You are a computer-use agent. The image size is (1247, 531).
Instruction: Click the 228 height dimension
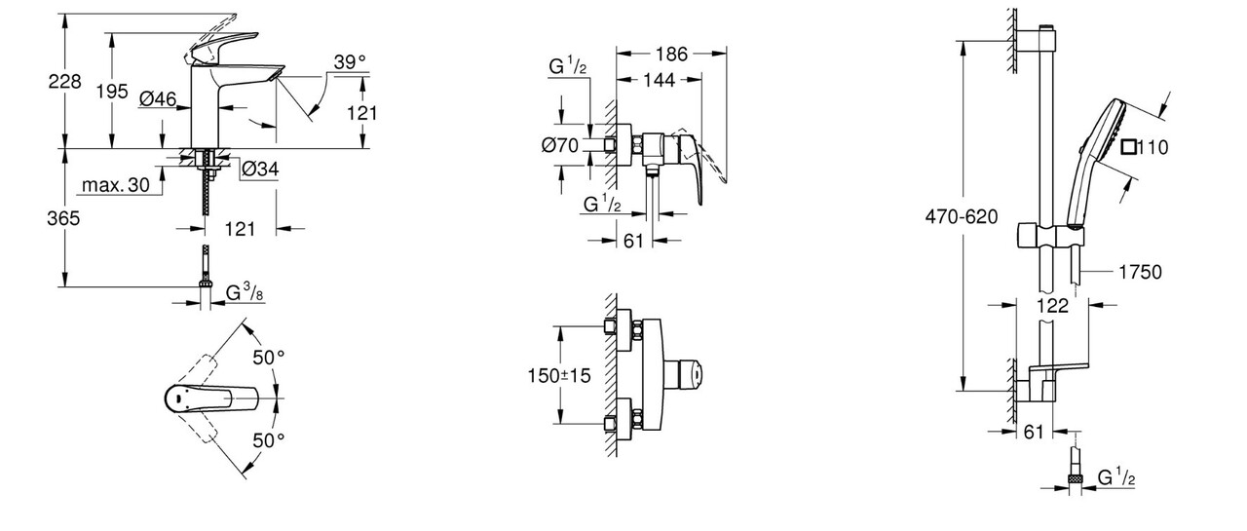tap(65, 84)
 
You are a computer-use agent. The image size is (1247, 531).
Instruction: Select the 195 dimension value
tap(113, 91)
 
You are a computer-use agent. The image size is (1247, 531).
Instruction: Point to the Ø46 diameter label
tap(157, 98)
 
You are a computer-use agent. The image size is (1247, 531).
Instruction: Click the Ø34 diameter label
tap(259, 170)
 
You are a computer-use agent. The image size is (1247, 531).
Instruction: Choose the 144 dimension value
tap(660, 81)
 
